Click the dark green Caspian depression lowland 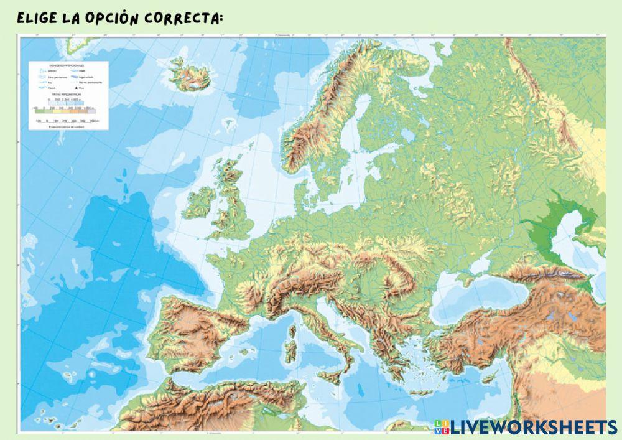click(x=547, y=233)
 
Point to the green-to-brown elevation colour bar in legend click(x=59, y=108)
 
